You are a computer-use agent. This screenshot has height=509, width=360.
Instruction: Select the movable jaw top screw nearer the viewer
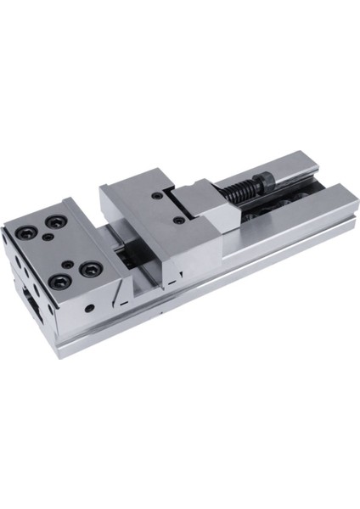[x=178, y=220]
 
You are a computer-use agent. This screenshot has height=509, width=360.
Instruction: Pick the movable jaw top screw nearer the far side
[x=158, y=197]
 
